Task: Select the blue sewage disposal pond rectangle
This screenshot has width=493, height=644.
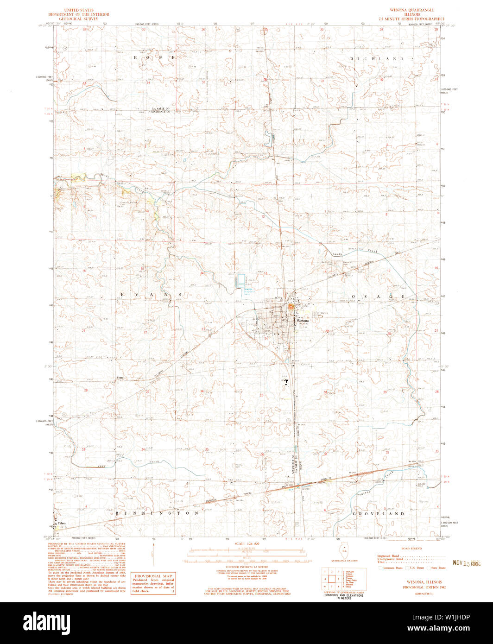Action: (x=240, y=280)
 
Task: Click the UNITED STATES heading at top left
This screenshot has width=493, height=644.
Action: (x=78, y=10)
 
